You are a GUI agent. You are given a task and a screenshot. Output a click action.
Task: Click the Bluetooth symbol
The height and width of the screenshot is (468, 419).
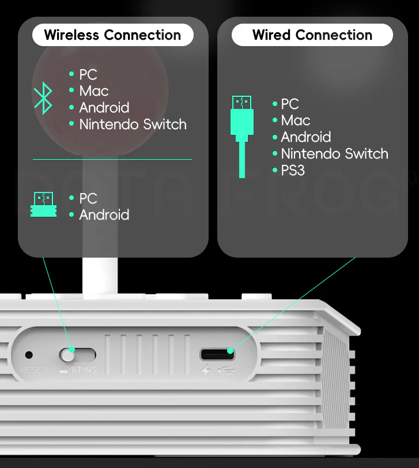[43, 98]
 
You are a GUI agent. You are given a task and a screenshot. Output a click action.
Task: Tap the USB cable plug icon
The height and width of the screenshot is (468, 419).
[242, 136]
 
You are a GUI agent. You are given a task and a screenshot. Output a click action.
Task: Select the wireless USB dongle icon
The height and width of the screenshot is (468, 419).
[44, 204]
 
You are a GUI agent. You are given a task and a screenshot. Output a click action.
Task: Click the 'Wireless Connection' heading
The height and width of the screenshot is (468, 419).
[112, 35]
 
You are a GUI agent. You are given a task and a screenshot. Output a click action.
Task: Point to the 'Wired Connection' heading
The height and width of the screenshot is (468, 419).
[312, 35]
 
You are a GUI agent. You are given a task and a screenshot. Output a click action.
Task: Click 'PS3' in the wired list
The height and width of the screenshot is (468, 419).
[293, 171]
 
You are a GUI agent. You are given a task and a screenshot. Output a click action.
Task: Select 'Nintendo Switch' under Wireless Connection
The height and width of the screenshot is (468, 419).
[133, 124]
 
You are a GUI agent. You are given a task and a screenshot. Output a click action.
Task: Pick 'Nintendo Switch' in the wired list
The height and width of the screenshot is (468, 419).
[334, 154]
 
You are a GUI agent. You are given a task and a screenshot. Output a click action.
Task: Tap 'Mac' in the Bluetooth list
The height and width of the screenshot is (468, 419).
[94, 91]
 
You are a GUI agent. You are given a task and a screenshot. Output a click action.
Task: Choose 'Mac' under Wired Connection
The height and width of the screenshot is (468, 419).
[296, 120]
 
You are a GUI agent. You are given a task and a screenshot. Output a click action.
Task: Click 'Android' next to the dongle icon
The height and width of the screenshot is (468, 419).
[104, 215]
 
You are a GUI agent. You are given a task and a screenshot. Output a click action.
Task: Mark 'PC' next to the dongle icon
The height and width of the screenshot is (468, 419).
[88, 199]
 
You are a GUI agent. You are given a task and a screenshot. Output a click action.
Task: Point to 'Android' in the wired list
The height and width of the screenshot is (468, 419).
[305, 137]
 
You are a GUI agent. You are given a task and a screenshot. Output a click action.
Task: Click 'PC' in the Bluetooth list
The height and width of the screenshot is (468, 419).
[88, 75]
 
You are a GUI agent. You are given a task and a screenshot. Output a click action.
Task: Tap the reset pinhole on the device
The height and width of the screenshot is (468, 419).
[29, 355]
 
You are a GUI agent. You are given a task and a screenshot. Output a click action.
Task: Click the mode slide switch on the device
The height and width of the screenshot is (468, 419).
[77, 354]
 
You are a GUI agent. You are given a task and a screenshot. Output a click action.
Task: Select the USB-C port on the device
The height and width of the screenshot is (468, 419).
[217, 354]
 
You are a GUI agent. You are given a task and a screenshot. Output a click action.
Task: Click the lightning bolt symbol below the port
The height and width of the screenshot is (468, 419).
[206, 371]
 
